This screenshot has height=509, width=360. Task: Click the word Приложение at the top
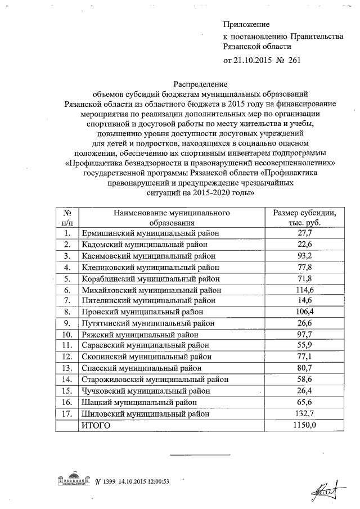(246, 24)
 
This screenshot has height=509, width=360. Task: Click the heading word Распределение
(200, 83)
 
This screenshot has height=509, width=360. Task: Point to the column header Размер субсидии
(305, 213)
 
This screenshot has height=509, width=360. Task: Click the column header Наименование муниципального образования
(172, 218)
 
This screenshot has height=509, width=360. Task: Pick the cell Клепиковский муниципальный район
(150, 267)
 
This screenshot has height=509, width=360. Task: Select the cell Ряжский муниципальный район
(139, 335)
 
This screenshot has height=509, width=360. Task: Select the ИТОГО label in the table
(96, 425)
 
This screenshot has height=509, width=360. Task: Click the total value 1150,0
(304, 425)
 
